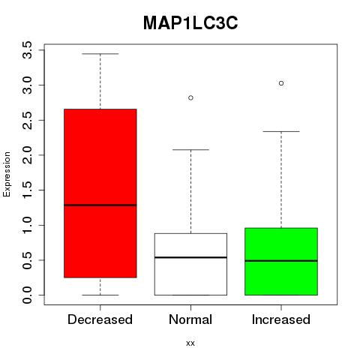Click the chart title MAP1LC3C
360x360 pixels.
click(190, 23)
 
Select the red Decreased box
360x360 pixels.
click(100, 193)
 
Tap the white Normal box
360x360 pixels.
click(190, 264)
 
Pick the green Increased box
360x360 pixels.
click(281, 262)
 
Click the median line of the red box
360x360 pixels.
click(100, 205)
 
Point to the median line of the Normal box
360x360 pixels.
click(190, 257)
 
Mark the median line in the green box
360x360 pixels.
click(281, 261)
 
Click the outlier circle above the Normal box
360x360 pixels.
click(190, 97)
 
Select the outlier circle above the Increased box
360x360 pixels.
click(281, 83)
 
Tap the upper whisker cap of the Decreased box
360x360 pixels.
click(100, 54)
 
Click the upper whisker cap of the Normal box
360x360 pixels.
click(190, 150)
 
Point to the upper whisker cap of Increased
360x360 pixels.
click(281, 131)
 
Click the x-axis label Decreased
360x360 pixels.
click(100, 319)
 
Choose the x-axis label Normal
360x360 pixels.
click(190, 319)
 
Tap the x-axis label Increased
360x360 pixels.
click(281, 319)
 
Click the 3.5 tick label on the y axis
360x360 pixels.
click(27, 50)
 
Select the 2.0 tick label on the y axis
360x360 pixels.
click(27, 155)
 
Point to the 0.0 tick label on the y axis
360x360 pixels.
click(27, 295)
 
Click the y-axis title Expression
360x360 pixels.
click(7, 174)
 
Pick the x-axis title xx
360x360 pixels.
click(190, 343)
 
